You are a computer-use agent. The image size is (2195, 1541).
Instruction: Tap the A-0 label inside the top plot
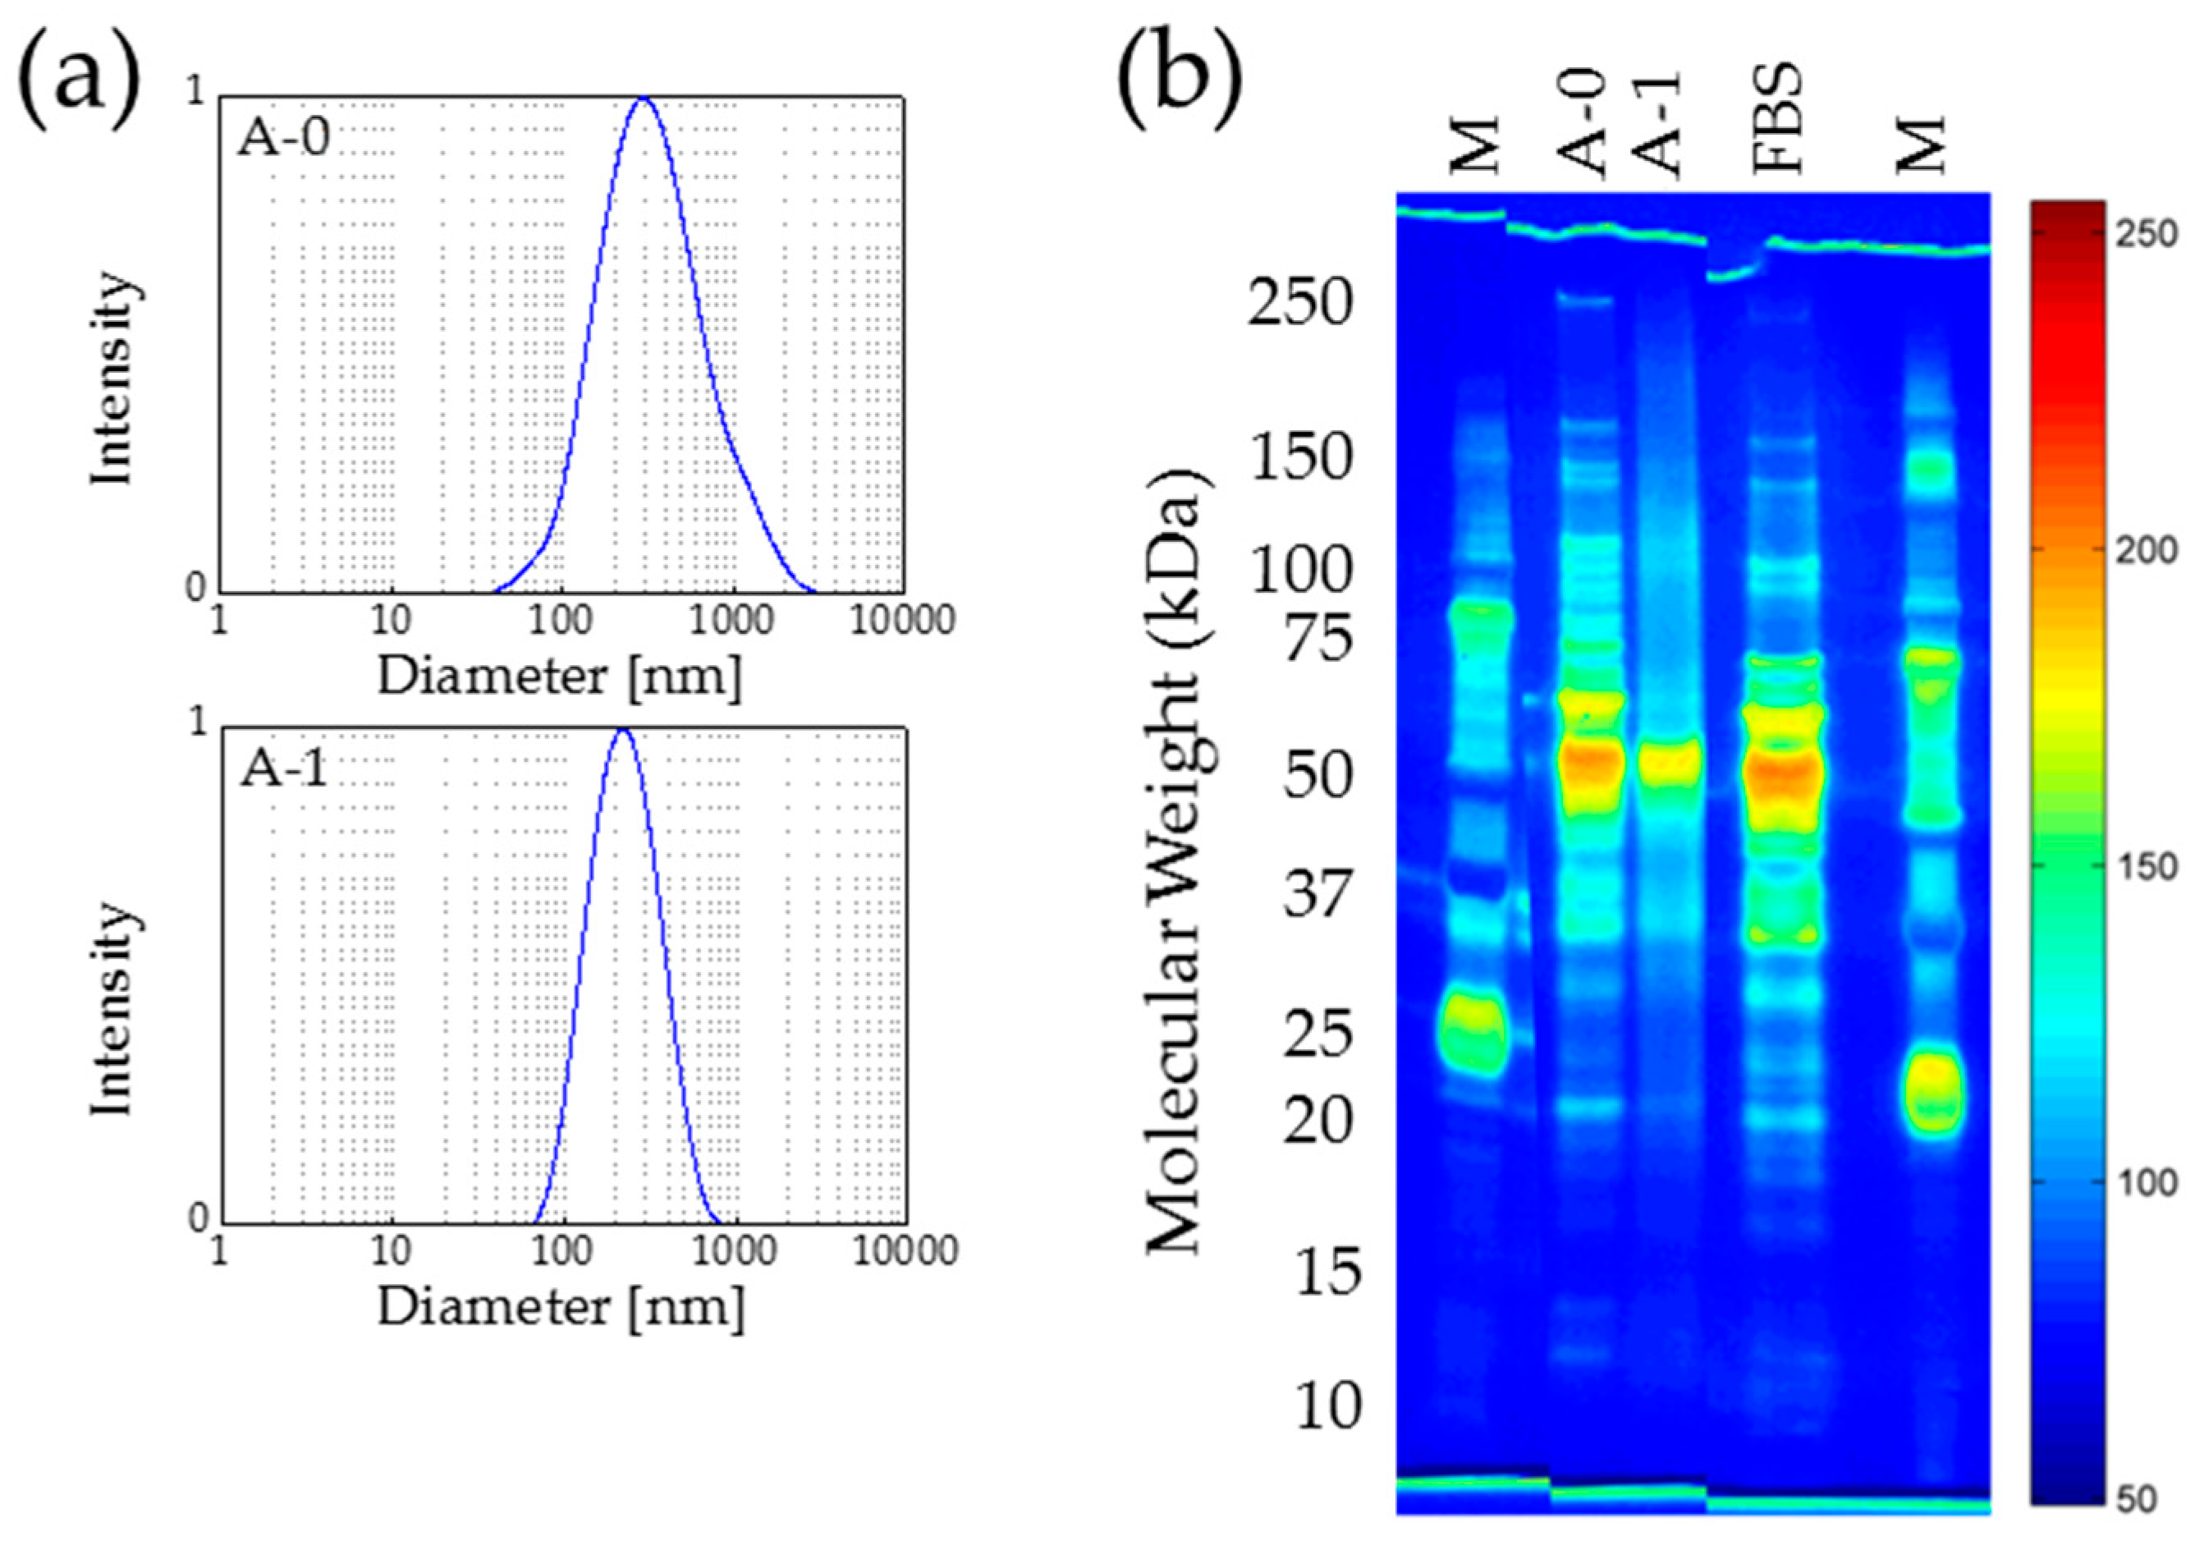click(x=284, y=139)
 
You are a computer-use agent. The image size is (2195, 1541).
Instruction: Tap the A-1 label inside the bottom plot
click(x=284, y=768)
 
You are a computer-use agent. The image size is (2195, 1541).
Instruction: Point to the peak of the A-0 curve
click(x=644, y=98)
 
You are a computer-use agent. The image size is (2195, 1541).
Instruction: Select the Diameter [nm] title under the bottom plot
click(x=560, y=1307)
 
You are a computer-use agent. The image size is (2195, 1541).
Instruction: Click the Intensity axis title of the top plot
click(x=112, y=378)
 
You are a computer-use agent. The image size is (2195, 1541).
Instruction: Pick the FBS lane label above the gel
click(x=1777, y=120)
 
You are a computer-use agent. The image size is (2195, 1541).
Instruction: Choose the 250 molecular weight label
click(x=1301, y=303)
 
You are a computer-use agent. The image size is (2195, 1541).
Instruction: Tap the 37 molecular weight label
click(x=1318, y=895)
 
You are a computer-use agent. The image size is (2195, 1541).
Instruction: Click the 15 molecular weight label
click(x=1328, y=1272)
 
